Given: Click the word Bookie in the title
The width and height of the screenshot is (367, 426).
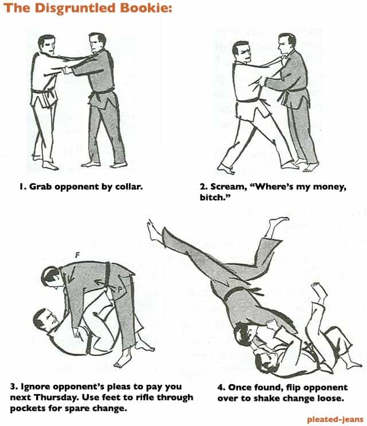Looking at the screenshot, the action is coord(146,8).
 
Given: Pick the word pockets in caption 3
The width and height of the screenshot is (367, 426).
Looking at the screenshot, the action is coord(26,408).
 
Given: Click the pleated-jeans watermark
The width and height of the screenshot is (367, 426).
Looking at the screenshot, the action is coord(335,420).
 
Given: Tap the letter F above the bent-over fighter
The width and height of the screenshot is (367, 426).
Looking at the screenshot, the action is coord(77,255).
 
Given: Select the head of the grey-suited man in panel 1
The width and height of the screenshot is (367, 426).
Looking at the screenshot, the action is coord(97,43).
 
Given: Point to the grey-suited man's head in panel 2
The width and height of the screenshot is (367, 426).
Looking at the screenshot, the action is coord(287,44).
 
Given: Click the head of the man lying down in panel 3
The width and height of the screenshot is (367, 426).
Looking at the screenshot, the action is coord(46,320).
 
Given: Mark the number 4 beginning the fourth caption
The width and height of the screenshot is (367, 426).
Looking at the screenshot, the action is coord(220,388).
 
